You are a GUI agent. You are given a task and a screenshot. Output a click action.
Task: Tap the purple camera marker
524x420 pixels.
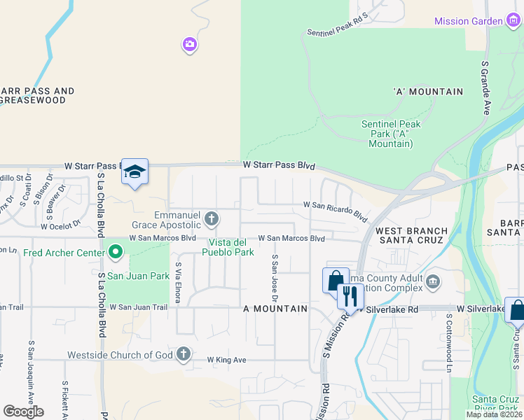(190, 45)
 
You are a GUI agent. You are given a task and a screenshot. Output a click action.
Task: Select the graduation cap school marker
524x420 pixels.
(135, 171)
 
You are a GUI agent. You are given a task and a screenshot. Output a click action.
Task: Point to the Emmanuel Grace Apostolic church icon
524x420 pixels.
(211, 220)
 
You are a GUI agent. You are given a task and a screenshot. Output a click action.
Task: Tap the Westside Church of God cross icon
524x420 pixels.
(184, 354)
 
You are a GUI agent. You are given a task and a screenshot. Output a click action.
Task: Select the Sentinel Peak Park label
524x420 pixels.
(391, 134)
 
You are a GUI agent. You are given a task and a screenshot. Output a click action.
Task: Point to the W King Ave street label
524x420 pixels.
(227, 360)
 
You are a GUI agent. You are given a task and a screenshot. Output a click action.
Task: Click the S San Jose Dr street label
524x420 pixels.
(275, 279)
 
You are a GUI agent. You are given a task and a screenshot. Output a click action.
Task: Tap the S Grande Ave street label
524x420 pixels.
(484, 87)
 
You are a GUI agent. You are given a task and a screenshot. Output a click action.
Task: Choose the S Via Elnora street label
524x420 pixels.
(179, 283)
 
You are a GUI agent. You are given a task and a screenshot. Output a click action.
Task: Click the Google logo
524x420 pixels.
(23, 412)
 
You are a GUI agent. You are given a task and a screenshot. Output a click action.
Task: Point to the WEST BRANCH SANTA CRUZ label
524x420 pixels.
(411, 236)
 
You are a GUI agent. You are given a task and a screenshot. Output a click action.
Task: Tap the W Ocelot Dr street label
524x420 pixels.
(61, 226)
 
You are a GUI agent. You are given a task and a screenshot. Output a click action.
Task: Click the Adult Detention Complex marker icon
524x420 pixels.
(432, 282)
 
